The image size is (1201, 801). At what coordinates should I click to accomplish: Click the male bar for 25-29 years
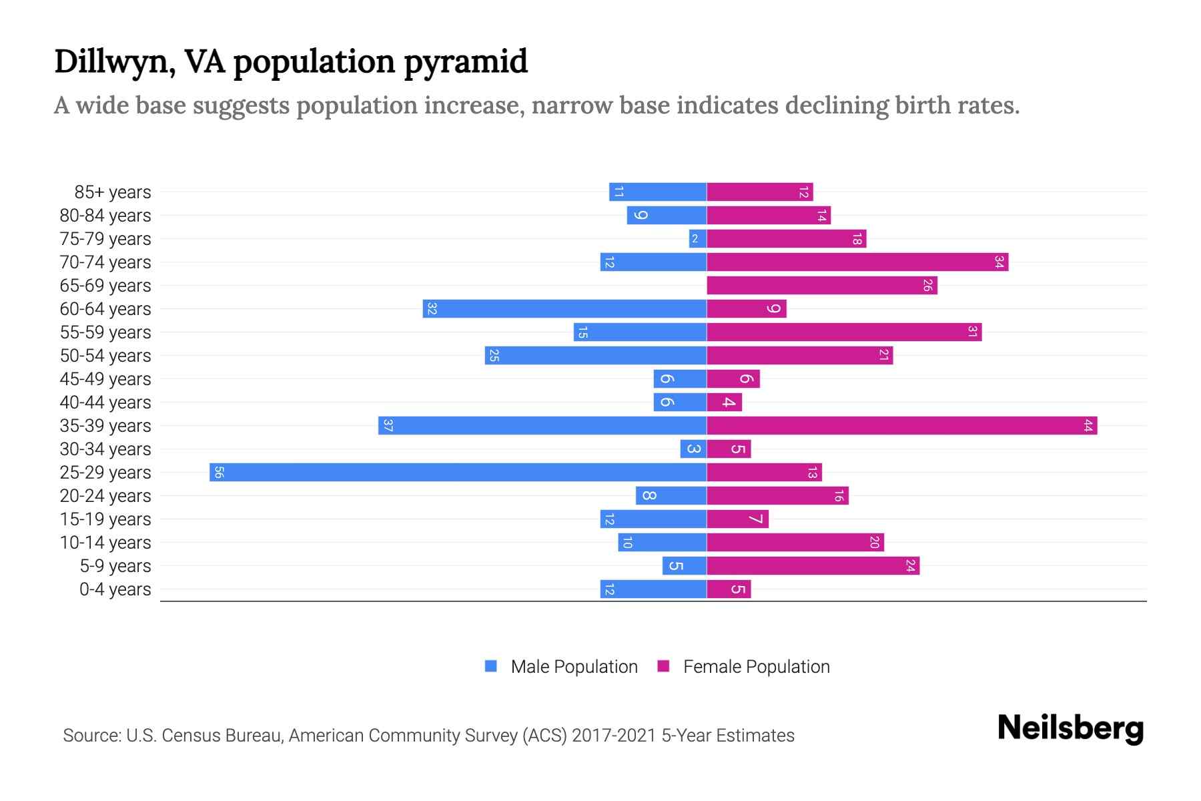[458, 473]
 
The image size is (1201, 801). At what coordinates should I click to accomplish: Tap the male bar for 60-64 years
[564, 309]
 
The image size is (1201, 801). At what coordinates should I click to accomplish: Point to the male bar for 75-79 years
[698, 239]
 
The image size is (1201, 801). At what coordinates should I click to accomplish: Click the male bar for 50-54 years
[595, 356]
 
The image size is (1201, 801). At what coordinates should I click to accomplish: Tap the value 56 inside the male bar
[219, 473]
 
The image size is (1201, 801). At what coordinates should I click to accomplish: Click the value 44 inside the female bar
[1088, 426]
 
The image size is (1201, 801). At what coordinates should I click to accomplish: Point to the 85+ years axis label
[112, 192]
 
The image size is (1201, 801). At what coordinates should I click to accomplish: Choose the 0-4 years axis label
[115, 589]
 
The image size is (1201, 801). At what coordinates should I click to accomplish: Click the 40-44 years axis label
[105, 403]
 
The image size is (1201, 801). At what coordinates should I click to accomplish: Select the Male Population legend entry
[574, 667]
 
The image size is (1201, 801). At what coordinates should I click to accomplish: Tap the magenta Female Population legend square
[663, 666]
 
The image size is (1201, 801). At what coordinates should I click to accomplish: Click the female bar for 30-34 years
[729, 449]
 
